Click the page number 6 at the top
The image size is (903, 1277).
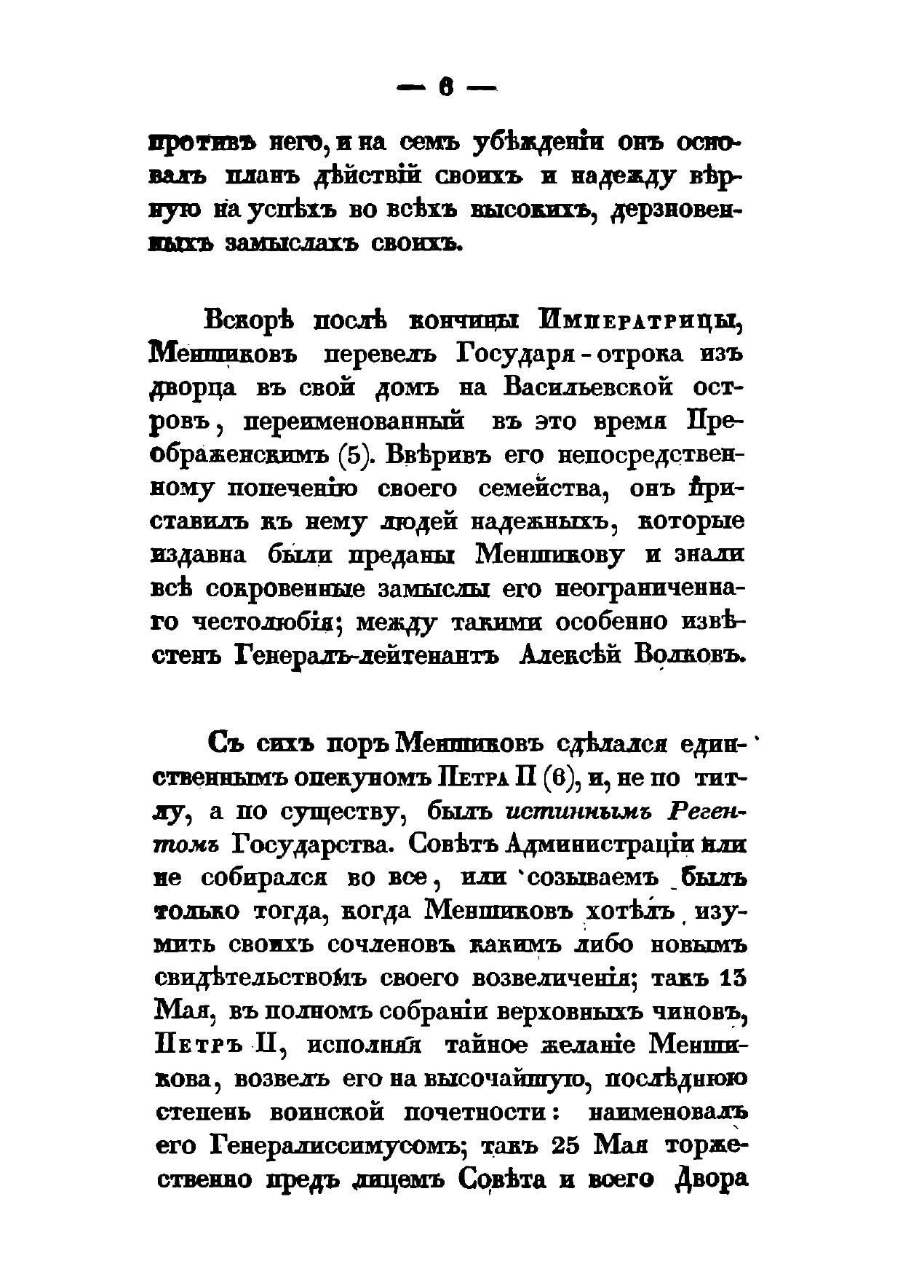(445, 89)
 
